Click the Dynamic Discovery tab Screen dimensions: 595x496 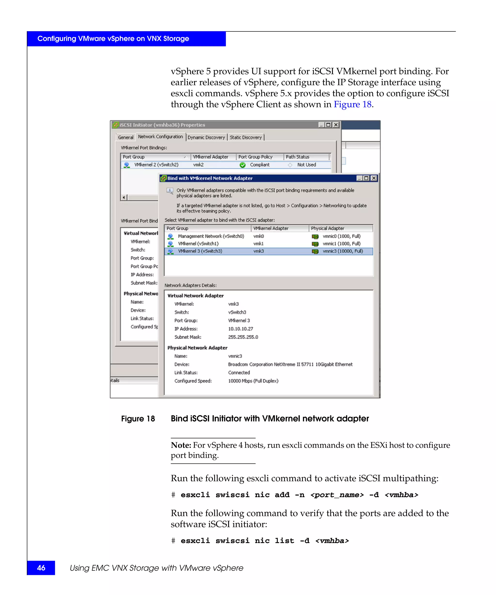[x=206, y=137]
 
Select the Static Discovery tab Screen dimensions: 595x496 [x=245, y=137]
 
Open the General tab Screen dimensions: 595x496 [x=125, y=137]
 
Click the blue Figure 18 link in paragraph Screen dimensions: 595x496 [x=352, y=105]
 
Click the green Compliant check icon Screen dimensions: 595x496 [x=243, y=165]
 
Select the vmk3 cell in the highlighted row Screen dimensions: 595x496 [x=258, y=251]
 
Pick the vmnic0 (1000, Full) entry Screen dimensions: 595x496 [x=341, y=236]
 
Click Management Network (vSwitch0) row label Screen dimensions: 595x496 [x=211, y=236]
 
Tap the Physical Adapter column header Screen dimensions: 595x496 [x=327, y=228]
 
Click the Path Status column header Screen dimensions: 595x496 [x=297, y=157]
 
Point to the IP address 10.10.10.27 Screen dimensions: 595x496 [x=240, y=329]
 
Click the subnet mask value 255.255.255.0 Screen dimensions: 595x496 [x=243, y=337]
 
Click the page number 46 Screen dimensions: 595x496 [x=41, y=568]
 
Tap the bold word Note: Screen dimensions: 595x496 [x=181, y=445]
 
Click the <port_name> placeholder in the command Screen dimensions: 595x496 [x=337, y=495]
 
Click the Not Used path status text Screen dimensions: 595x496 [x=306, y=165]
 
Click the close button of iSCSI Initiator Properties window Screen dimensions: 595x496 [x=336, y=125]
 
